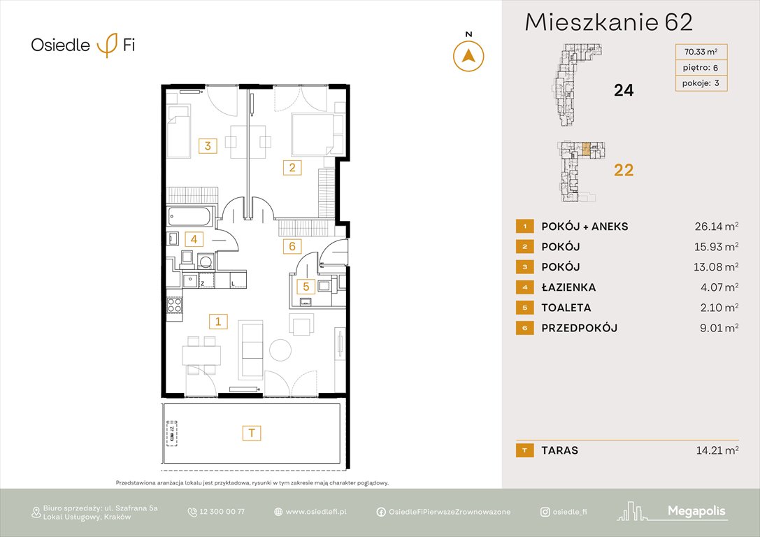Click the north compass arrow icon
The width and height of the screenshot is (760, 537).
(x=468, y=56)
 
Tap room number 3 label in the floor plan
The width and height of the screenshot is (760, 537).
(x=208, y=145)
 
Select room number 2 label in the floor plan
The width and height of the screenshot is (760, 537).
(x=292, y=167)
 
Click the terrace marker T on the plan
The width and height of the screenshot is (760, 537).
(x=252, y=433)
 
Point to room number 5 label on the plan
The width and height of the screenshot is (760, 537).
(x=305, y=285)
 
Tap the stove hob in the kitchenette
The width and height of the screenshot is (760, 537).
(x=174, y=305)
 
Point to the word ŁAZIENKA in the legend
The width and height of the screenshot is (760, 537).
(x=568, y=287)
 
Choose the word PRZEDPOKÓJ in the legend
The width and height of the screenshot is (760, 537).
(x=579, y=328)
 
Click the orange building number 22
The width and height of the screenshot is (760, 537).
(x=623, y=169)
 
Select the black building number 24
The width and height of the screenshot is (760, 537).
(x=623, y=89)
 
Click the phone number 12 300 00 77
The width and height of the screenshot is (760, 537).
(x=222, y=512)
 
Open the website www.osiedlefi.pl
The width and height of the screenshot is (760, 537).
(x=316, y=512)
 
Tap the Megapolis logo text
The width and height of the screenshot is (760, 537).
(x=696, y=511)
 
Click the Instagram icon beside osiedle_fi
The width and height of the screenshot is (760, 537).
(x=545, y=512)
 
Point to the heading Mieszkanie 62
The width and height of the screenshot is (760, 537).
(x=608, y=22)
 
